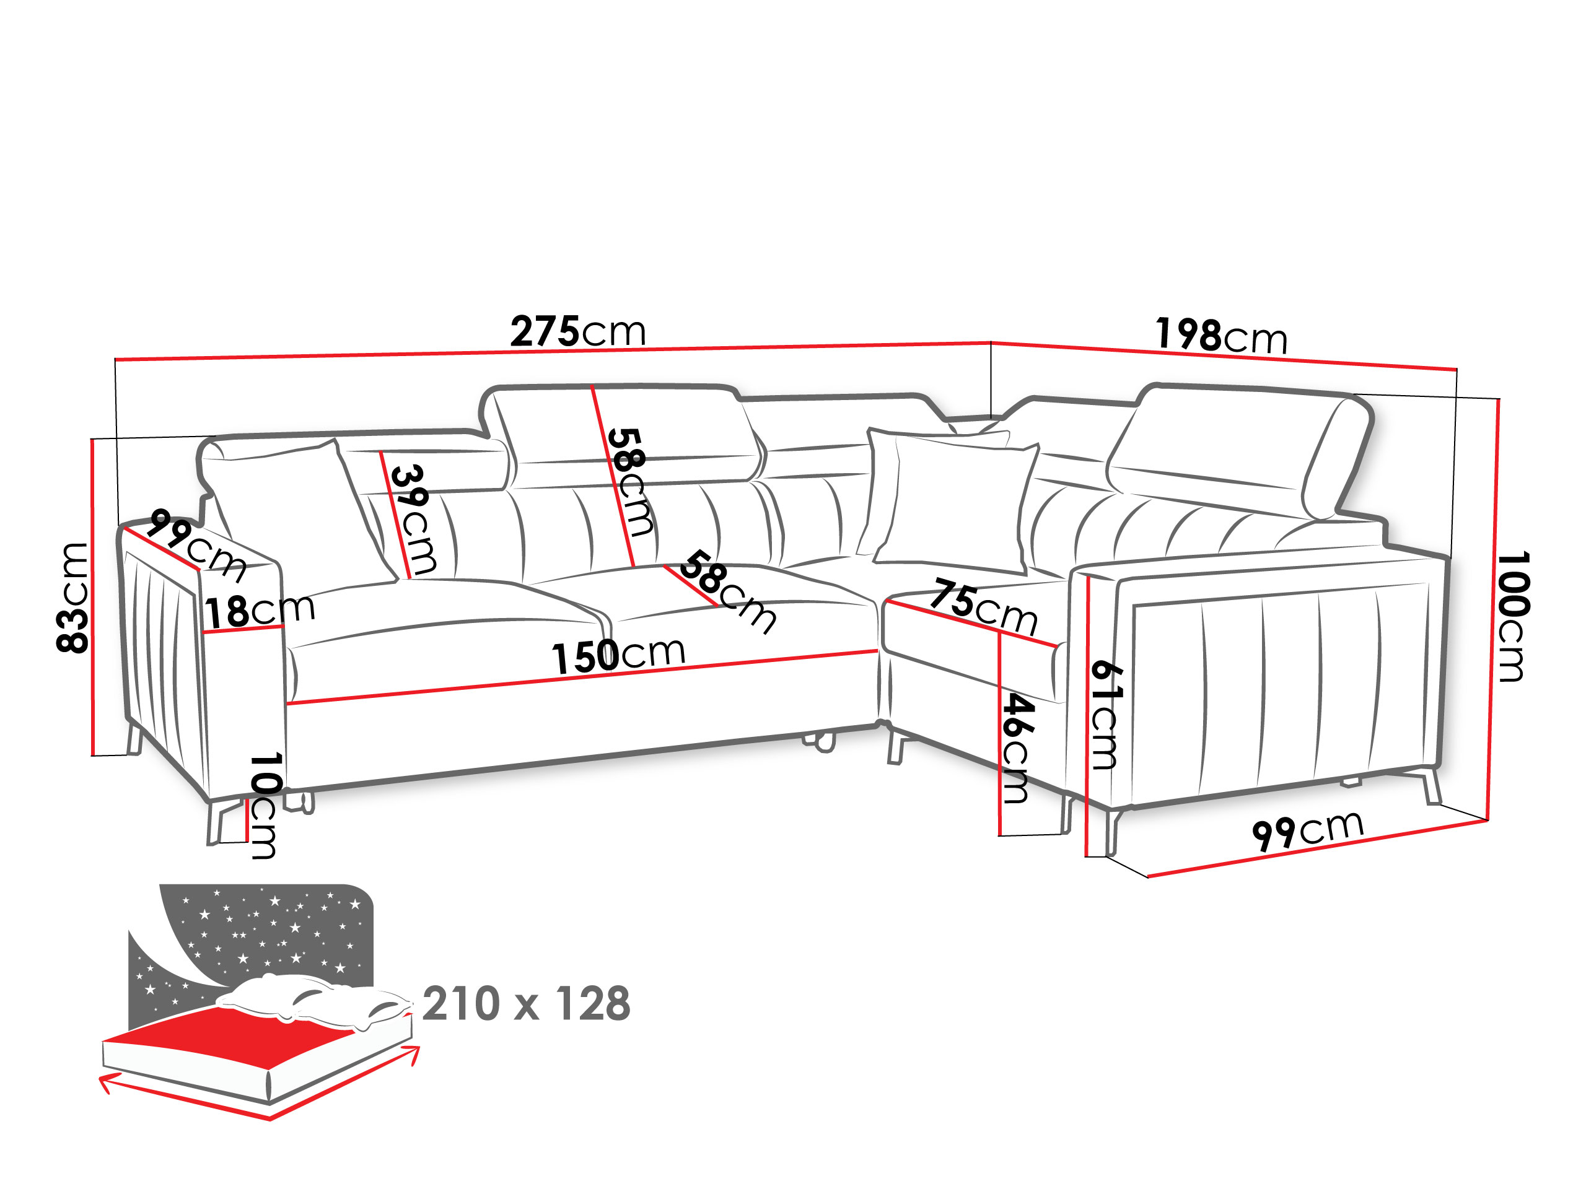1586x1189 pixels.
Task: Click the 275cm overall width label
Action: click(x=578, y=331)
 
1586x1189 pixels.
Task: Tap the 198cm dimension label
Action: click(x=1221, y=336)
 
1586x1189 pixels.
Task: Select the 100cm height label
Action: click(x=1513, y=616)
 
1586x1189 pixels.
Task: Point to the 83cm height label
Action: click(x=72, y=598)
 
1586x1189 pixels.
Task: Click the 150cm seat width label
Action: click(x=618, y=656)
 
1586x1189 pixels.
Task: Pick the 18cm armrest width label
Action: click(x=260, y=611)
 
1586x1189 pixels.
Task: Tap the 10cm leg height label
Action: click(x=265, y=806)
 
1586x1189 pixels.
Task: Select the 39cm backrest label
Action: click(x=412, y=520)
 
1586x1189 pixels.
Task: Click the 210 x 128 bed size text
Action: click(x=526, y=1003)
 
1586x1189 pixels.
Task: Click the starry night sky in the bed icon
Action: click(x=265, y=932)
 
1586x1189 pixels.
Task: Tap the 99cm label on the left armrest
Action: click(x=197, y=545)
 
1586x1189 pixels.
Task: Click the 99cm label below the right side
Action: click(x=1307, y=830)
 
